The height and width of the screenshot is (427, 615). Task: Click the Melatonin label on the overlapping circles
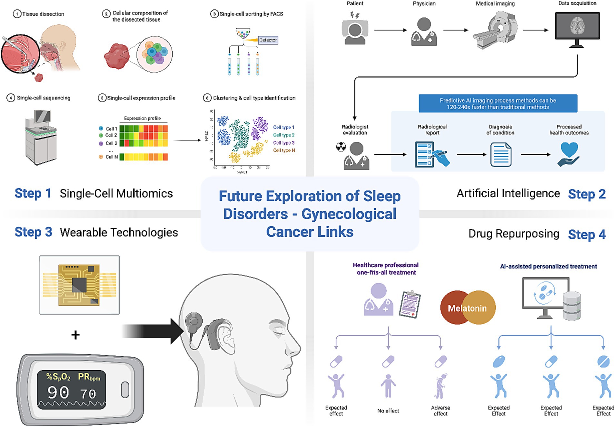coord(467,308)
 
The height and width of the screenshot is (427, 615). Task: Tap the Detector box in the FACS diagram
coord(268,40)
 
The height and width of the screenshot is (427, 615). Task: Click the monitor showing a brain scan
coord(577,26)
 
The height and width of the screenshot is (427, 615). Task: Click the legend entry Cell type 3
coord(283,143)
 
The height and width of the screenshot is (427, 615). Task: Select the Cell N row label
coord(111,157)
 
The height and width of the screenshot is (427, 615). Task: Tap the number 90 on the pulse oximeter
coord(58,392)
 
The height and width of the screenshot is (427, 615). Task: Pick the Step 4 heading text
coord(587,234)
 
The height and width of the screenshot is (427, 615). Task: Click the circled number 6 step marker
coord(207,98)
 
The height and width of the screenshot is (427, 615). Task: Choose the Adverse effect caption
coord(440,411)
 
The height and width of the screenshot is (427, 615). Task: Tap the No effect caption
coord(388,411)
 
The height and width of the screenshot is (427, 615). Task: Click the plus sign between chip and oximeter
coord(75,335)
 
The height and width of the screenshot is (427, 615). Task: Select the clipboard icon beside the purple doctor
coord(410,304)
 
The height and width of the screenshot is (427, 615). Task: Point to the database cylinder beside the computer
coord(571,306)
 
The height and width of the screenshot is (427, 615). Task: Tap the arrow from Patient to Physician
coord(390,30)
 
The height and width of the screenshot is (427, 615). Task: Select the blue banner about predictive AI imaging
coord(498,103)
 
